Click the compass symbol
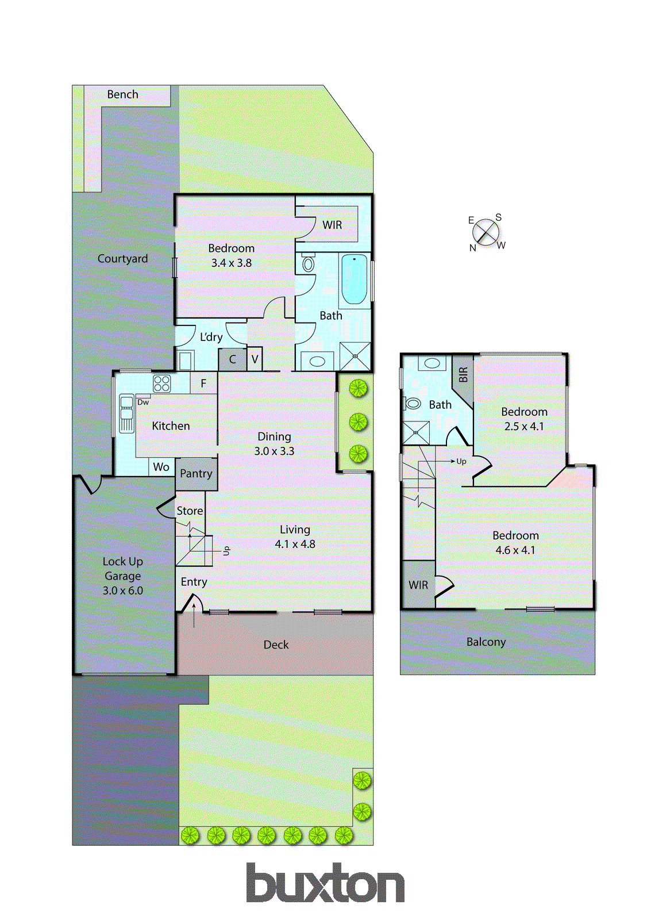[x=486, y=232]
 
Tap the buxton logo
[x=325, y=883]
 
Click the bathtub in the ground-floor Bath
[x=354, y=279]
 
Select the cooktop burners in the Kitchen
[x=161, y=384]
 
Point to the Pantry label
[x=196, y=474]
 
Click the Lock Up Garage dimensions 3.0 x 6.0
[x=122, y=591]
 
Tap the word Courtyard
[x=122, y=259]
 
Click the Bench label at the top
[x=122, y=94]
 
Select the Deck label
[x=276, y=645]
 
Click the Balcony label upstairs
[x=486, y=642]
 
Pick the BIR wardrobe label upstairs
[x=463, y=375]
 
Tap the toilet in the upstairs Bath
[x=412, y=404]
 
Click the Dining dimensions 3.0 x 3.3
[x=274, y=451]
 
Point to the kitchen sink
[x=126, y=413]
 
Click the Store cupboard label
[x=190, y=511]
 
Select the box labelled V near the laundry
[x=255, y=360]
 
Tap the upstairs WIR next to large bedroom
[x=418, y=585]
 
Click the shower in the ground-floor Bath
[x=355, y=356]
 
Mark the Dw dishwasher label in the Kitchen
[x=143, y=402]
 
